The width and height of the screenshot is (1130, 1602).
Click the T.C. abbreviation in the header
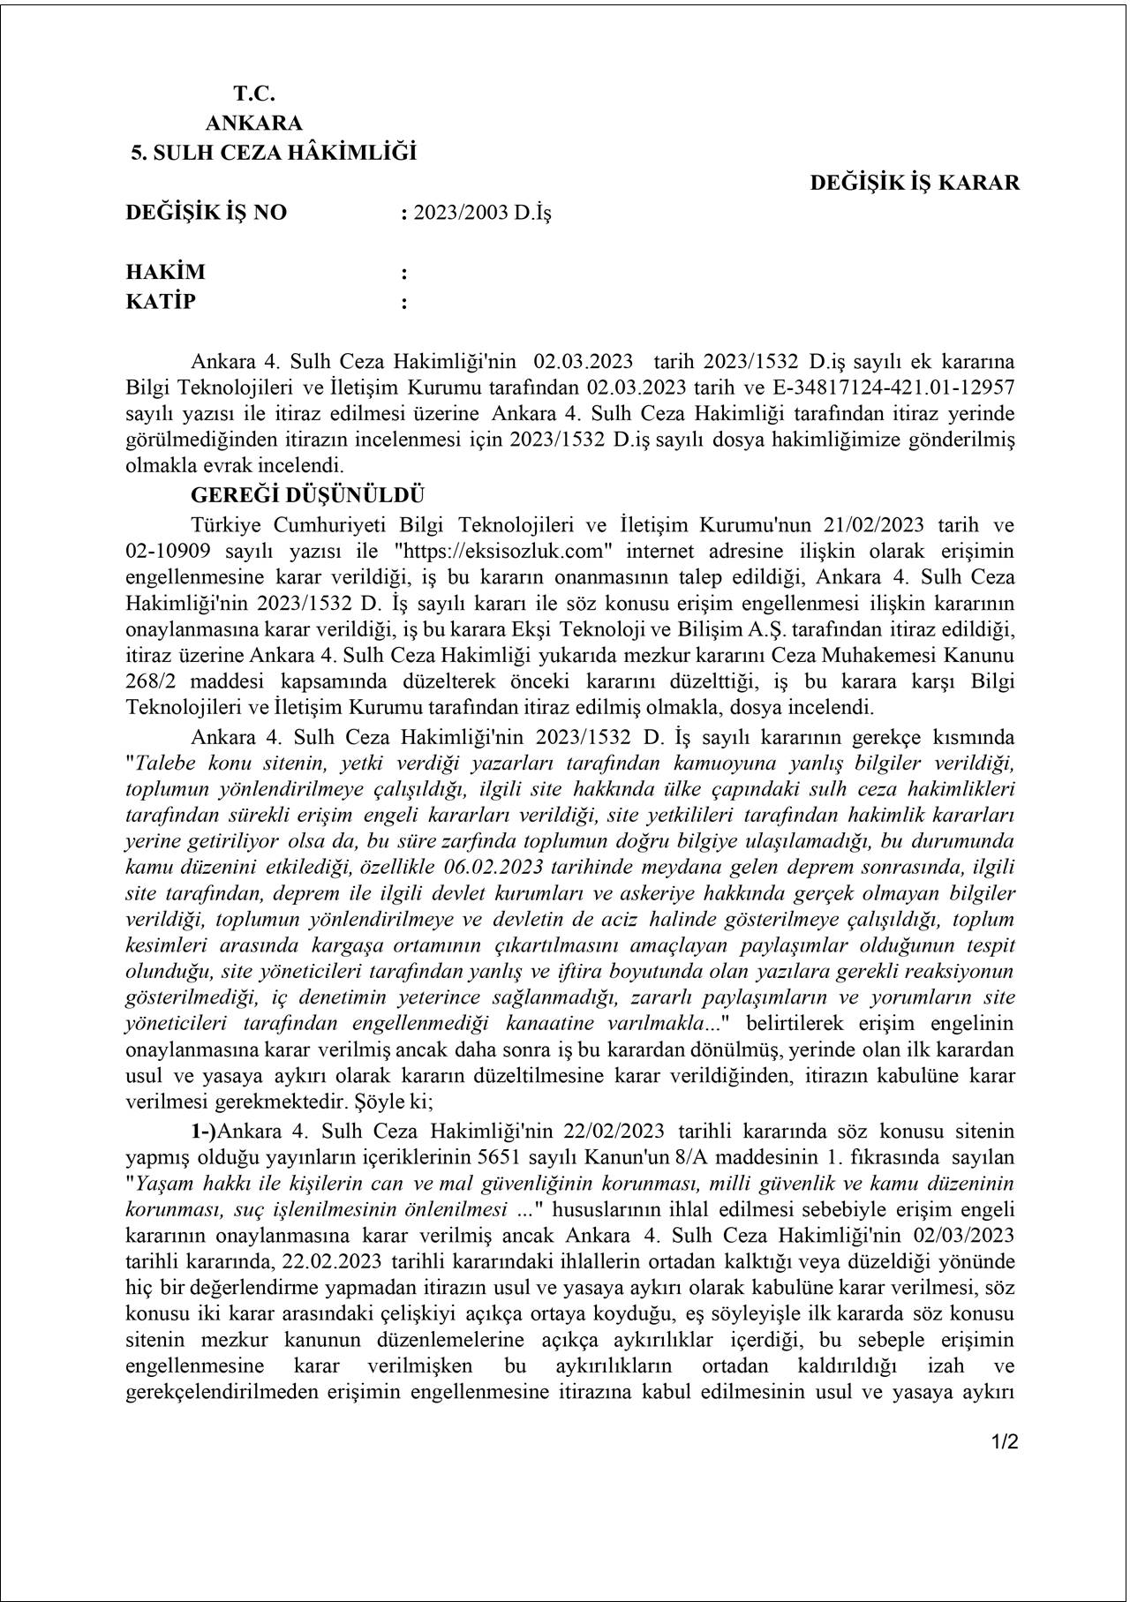[x=254, y=93]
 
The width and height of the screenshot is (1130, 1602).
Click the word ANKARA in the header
[x=253, y=123]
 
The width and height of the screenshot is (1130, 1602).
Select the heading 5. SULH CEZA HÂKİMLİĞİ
[x=274, y=153]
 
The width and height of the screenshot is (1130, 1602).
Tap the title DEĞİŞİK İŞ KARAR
[x=915, y=183]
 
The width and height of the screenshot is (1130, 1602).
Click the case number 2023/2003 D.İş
[x=481, y=213]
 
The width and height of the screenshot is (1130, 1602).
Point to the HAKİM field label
[x=165, y=272]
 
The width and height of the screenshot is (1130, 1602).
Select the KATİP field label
[x=161, y=302]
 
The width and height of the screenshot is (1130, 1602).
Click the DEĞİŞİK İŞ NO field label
[x=207, y=213]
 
